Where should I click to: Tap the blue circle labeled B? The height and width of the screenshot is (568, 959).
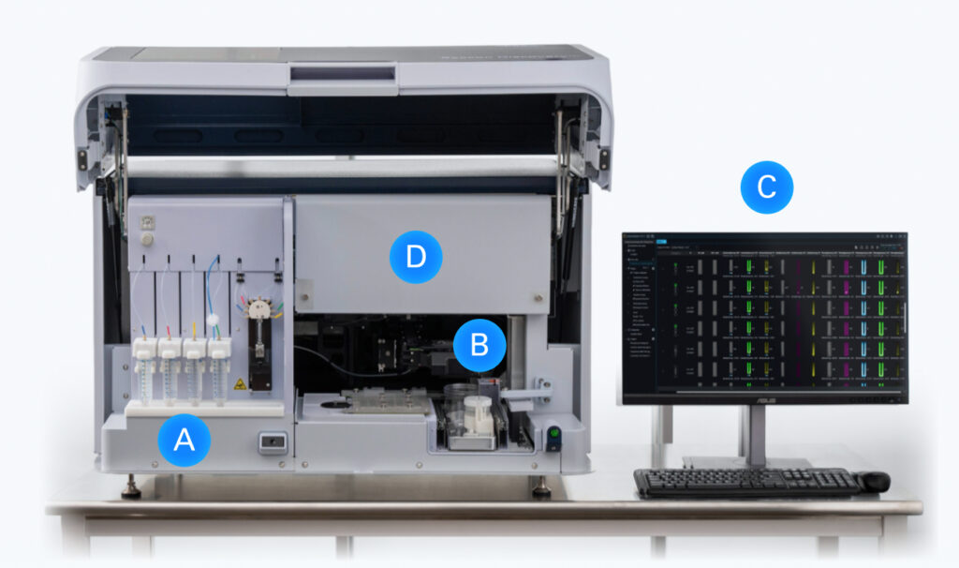[479, 345]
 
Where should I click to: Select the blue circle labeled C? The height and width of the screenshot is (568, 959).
[766, 187]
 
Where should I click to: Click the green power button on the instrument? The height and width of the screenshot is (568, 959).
[553, 434]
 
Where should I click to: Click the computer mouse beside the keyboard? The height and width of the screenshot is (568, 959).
[874, 482]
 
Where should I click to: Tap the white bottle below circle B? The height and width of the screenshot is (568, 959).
[477, 416]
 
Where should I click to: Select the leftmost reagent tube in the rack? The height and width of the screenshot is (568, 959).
[143, 375]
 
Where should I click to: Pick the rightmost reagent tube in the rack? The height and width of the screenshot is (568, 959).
[219, 375]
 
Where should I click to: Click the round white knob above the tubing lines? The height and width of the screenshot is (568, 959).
[144, 240]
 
